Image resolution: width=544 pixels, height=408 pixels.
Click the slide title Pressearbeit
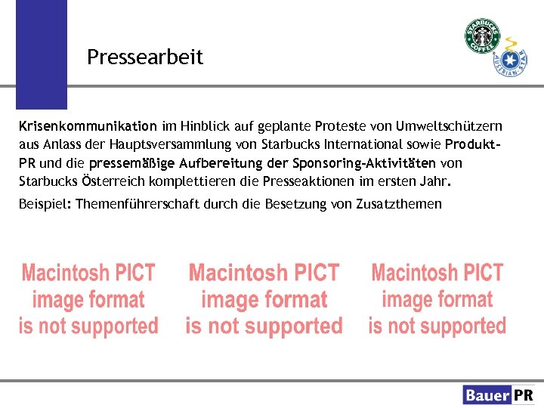(145, 57)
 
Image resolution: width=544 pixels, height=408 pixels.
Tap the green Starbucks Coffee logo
(482, 36)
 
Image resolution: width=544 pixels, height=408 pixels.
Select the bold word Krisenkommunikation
(88, 126)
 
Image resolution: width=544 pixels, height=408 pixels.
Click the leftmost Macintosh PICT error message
(88, 299)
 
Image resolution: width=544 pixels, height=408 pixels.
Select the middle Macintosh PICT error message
(264, 299)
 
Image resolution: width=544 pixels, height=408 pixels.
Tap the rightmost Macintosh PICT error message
(437, 299)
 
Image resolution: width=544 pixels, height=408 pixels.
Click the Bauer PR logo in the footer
(499, 394)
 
